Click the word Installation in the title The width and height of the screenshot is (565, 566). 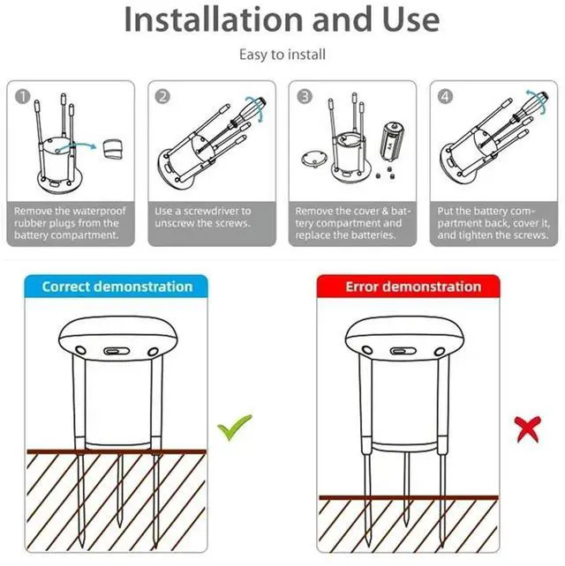214,19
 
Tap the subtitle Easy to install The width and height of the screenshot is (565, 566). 282,55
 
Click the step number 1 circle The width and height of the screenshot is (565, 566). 23,97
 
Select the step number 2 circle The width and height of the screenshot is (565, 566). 162,97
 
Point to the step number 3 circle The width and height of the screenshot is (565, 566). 305,97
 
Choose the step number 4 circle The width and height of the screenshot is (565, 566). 445,97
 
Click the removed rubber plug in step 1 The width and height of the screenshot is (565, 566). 113,149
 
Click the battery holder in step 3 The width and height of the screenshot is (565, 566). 392,141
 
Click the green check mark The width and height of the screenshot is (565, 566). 235,428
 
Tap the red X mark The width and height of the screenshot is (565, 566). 528,429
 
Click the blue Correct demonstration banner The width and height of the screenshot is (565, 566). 117,287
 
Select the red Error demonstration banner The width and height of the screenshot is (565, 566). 409,287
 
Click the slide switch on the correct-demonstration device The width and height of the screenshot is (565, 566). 117,351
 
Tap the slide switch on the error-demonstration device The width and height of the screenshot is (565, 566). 403,351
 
